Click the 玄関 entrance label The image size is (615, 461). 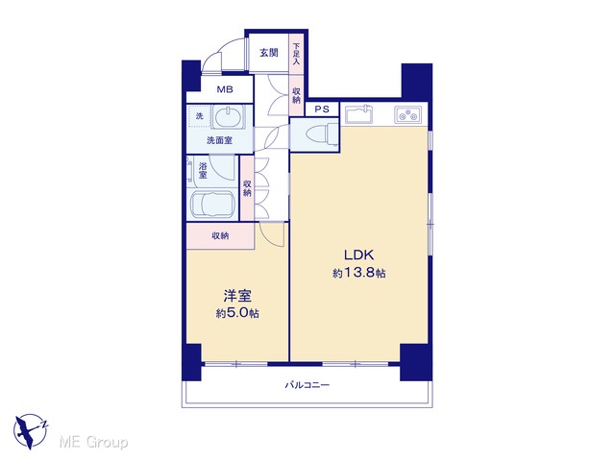pyautogui.click(x=269, y=53)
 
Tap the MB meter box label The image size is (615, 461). pyautogui.click(x=225, y=89)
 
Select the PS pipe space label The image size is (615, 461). pyautogui.click(x=322, y=109)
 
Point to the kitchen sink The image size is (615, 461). pyautogui.click(x=358, y=114)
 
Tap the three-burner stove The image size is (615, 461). pyautogui.click(x=407, y=115)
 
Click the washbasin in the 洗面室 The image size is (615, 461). pyautogui.click(x=227, y=117)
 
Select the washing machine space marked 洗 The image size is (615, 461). pyautogui.click(x=199, y=116)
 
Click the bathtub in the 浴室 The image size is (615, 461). pyautogui.click(x=212, y=205)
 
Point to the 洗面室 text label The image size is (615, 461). pyautogui.click(x=219, y=140)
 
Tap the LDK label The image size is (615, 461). pyautogui.click(x=358, y=255)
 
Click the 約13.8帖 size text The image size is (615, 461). pyautogui.click(x=358, y=273)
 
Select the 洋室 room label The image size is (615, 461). pyautogui.click(x=237, y=296)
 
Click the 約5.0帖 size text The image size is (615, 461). pyautogui.click(x=237, y=313)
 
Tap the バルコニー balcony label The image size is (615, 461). pyautogui.click(x=307, y=385)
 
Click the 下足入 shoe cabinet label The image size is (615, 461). pyautogui.click(x=296, y=54)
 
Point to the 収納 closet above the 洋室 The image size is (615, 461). pyautogui.click(x=220, y=236)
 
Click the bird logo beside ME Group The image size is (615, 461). pyautogui.click(x=30, y=431)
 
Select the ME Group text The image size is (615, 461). pyautogui.click(x=94, y=443)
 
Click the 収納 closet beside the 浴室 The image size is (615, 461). pyautogui.click(x=247, y=188)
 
